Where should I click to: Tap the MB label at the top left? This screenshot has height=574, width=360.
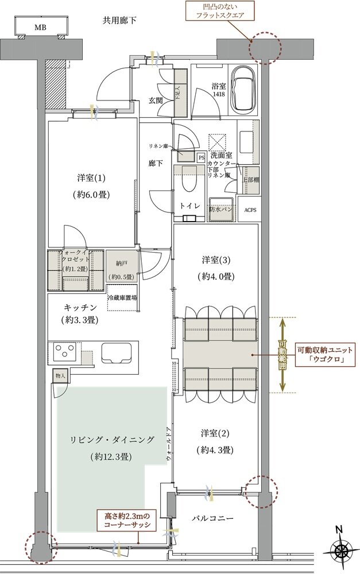40,27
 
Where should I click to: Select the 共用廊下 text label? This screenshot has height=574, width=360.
120,21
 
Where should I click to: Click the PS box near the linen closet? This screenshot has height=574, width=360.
201,156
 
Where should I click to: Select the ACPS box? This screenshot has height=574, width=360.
250,210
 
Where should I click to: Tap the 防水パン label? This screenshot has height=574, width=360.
220,210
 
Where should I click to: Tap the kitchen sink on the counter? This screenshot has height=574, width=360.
119,352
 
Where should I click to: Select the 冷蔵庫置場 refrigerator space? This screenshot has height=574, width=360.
122,297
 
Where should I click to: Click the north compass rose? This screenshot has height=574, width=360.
342,549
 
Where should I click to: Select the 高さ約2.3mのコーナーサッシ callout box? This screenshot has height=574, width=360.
127,520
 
